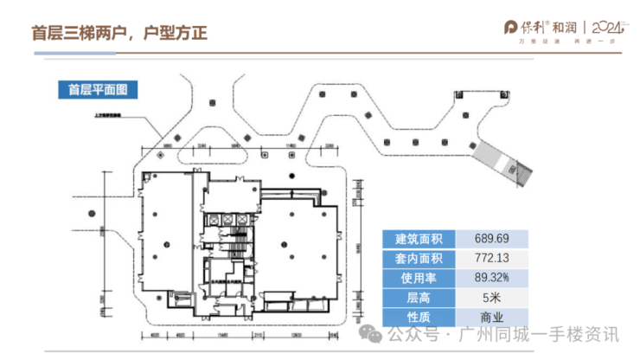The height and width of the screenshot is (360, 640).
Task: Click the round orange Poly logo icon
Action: point(512,27)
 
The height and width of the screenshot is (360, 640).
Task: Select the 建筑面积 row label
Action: point(419,239)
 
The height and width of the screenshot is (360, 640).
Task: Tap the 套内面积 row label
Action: point(419,258)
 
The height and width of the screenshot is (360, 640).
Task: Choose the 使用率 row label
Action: point(419,277)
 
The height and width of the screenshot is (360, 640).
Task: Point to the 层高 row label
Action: point(419,297)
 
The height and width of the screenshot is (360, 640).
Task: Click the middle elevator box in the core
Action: point(227,221)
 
